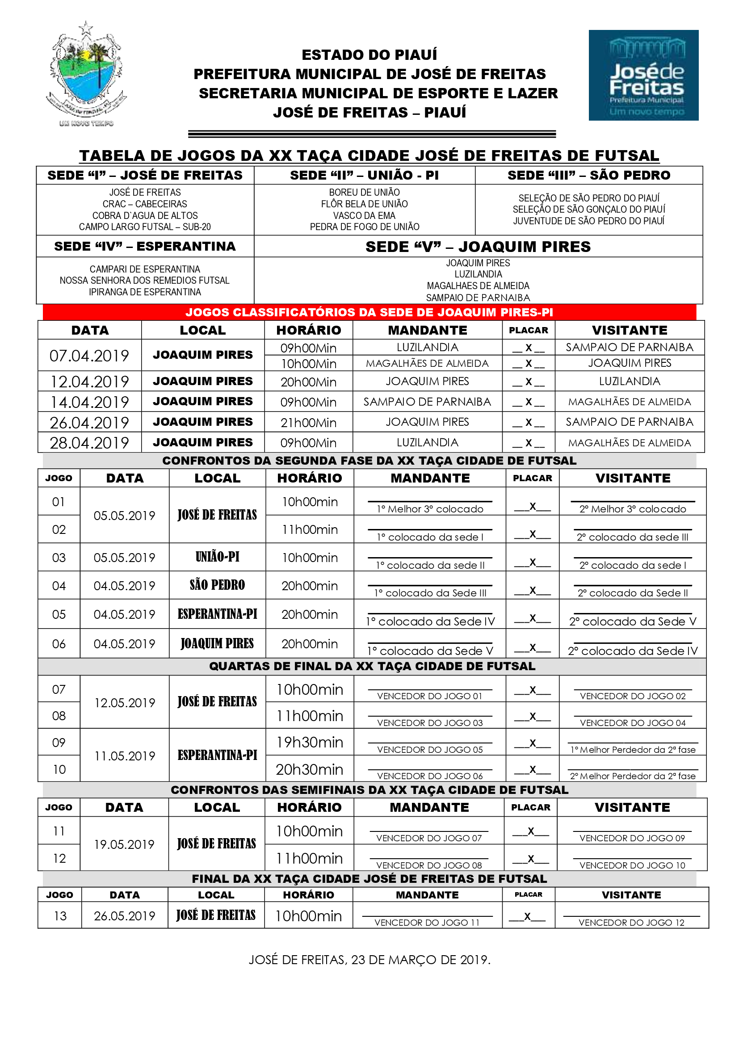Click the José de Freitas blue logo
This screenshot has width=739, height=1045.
coord(643,75)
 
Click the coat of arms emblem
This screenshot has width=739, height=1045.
coord(86,73)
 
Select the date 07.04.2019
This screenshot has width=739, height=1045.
coord(89,356)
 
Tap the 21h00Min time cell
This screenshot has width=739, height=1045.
coord(309,422)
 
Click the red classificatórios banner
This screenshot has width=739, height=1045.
coord(369,312)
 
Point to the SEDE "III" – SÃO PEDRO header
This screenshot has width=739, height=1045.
coord(589,175)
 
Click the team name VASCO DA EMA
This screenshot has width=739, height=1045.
coord(364,215)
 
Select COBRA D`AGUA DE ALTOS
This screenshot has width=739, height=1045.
coord(145,215)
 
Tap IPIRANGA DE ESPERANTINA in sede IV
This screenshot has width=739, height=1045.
coord(145,292)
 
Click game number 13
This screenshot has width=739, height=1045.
coord(60,916)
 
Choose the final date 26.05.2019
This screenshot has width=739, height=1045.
coord(125,916)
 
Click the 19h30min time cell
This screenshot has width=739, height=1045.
coord(310,743)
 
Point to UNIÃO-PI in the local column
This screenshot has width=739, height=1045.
coord(217,557)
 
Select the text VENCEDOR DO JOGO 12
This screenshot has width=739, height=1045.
coord(631,923)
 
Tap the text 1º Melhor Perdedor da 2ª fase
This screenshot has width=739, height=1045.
coord(633,750)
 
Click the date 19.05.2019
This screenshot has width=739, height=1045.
coord(124,844)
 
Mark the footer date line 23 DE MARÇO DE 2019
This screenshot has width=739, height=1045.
coord(369,959)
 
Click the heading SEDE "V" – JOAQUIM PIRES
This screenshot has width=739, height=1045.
coord(478,247)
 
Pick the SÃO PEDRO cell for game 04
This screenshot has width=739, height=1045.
coord(217,585)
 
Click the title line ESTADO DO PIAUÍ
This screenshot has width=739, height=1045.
coord(369,55)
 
